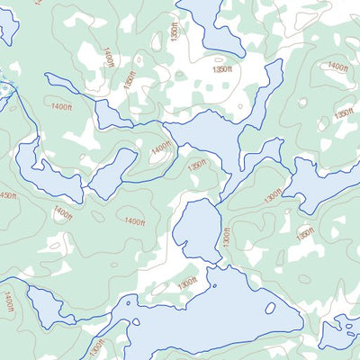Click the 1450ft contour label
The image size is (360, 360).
tap(7, 196)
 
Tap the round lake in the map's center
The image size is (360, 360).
tap(196, 229)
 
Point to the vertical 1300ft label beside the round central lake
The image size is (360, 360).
tap(227, 238)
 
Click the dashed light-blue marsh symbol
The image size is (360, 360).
tap(4, 88)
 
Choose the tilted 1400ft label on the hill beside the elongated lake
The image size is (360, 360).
tap(161, 148)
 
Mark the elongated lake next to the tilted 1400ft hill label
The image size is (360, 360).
tap(112, 174)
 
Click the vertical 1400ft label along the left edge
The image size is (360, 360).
tap(8, 301)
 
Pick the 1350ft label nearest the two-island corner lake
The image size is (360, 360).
tap(306, 233)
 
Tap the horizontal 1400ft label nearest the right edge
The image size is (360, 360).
tap(337, 66)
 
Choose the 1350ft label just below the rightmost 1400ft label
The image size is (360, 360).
tap(343, 114)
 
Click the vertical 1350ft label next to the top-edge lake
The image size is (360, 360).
tap(175, 28)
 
